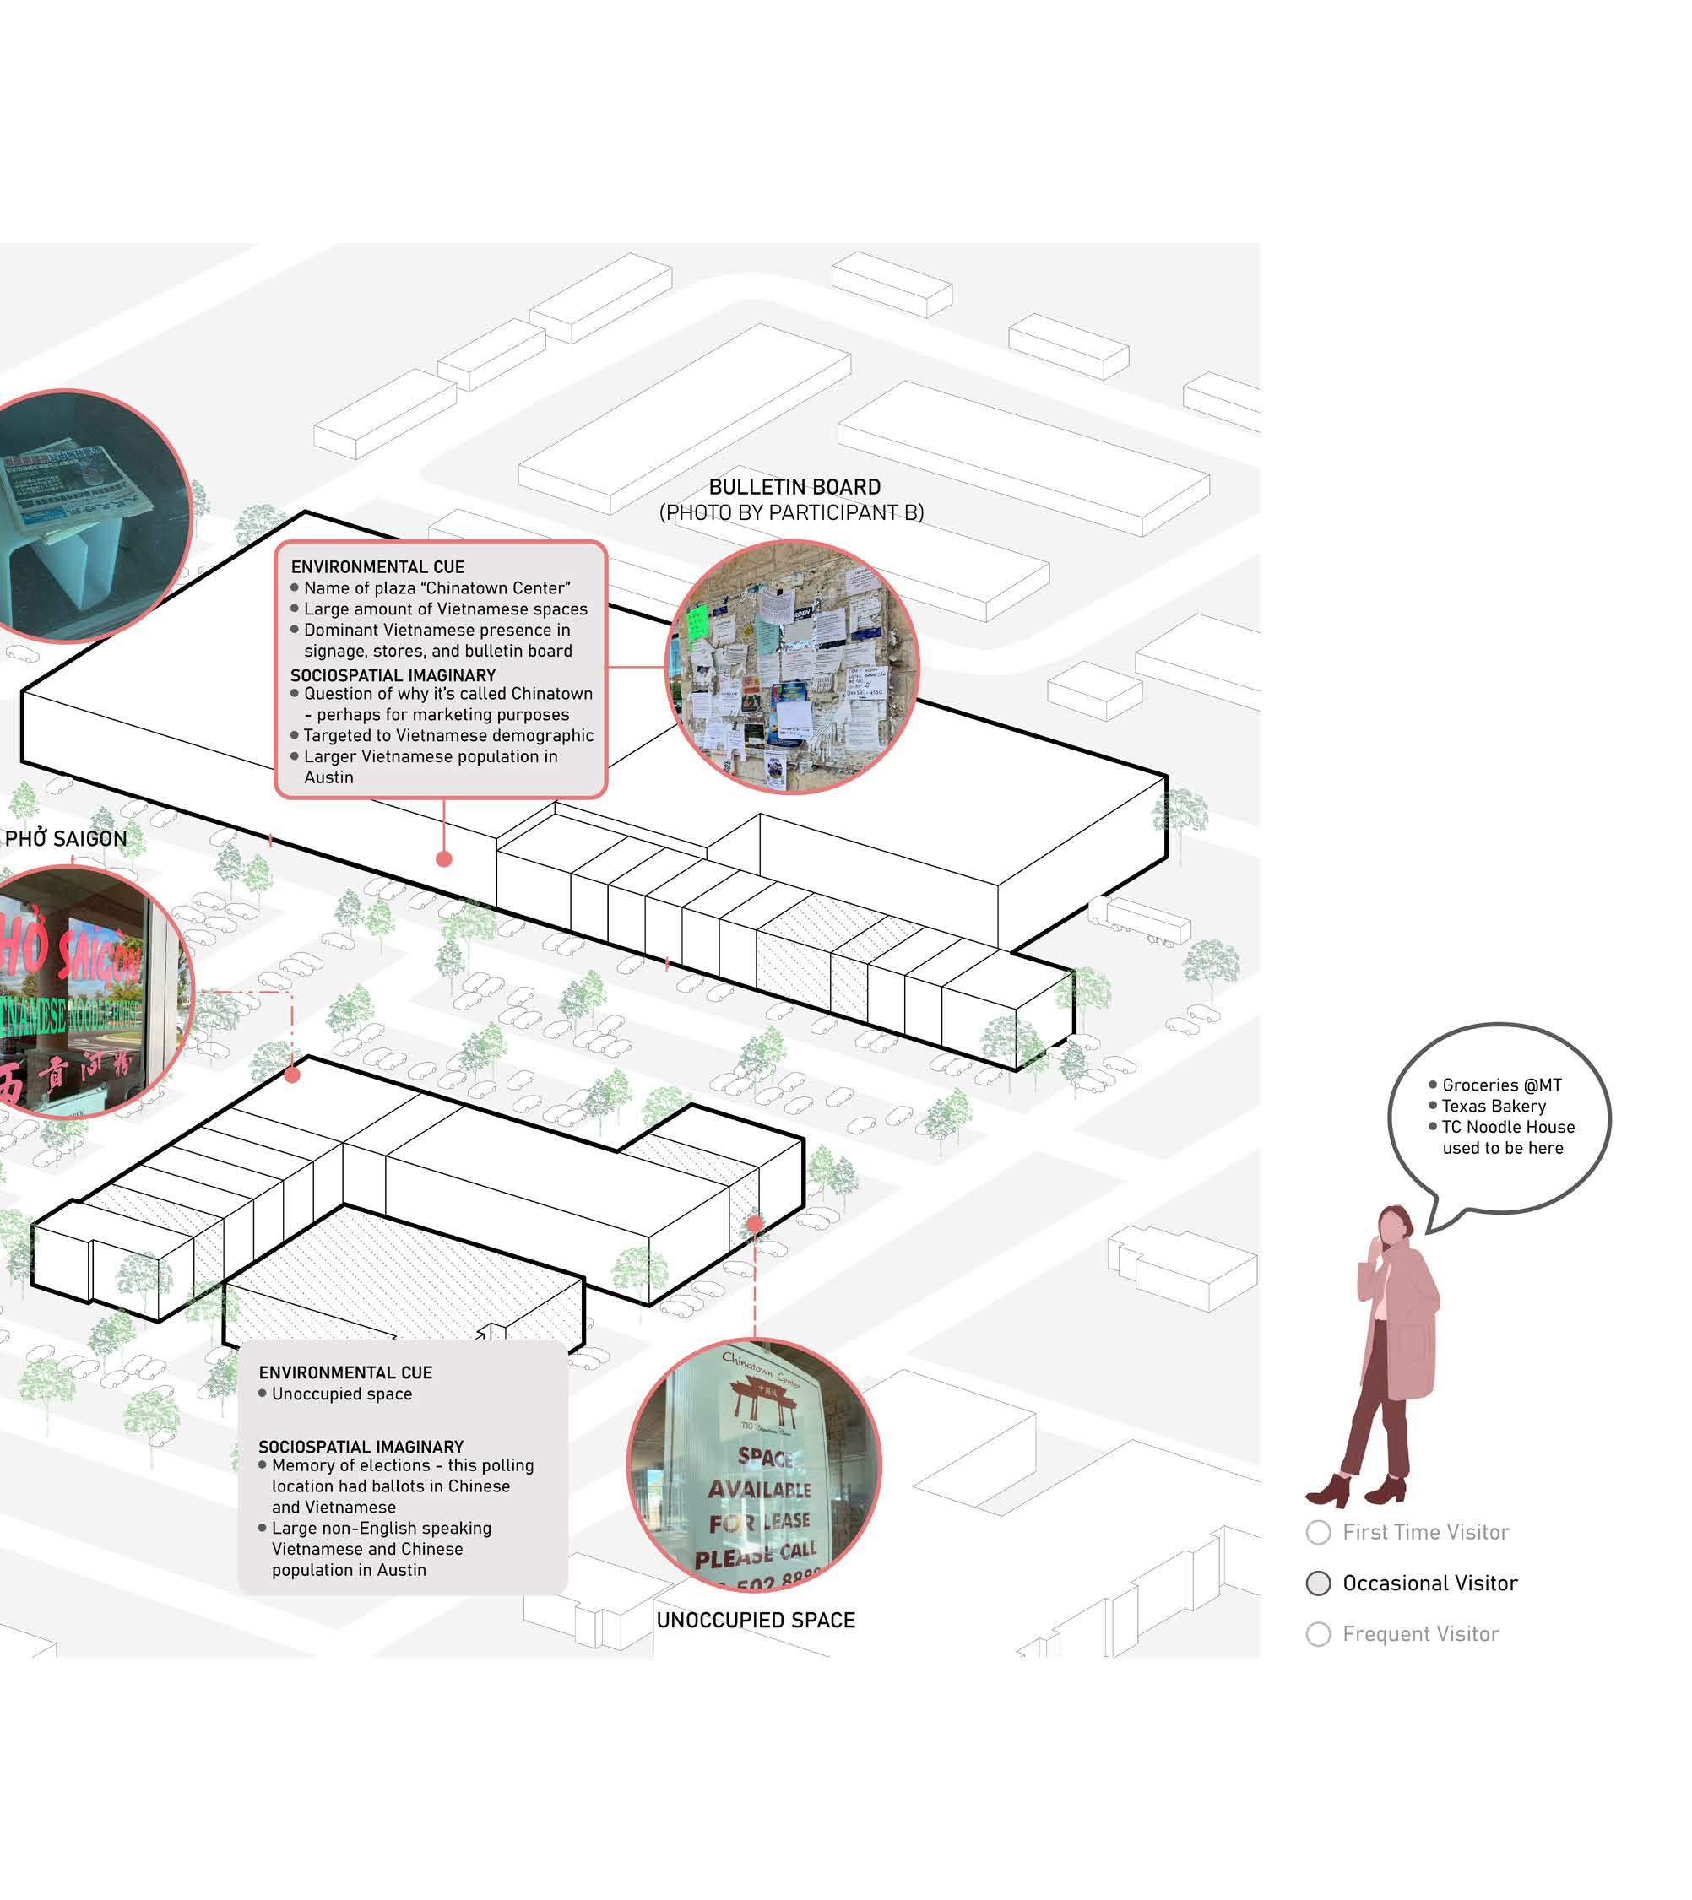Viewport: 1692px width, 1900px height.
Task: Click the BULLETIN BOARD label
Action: coord(794,487)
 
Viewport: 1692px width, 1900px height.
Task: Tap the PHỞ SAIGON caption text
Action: coord(66,838)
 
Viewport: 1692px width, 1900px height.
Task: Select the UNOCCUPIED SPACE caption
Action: coord(755,1621)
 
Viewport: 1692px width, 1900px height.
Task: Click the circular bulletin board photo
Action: coord(792,667)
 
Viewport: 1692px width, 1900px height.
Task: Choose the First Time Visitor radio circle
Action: coord(1318,1532)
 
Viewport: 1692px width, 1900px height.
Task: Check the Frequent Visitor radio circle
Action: coord(1318,1634)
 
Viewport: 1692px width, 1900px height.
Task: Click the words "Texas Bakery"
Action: coord(1493,1107)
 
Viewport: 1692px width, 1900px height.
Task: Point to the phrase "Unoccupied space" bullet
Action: coord(341,1394)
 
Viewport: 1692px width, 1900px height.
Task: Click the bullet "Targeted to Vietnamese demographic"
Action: coord(448,735)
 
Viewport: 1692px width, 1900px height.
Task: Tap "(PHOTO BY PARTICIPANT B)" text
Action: coord(791,512)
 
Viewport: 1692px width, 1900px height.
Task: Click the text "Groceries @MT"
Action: coord(1501,1085)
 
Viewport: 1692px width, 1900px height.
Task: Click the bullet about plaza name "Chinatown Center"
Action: coord(437,588)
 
